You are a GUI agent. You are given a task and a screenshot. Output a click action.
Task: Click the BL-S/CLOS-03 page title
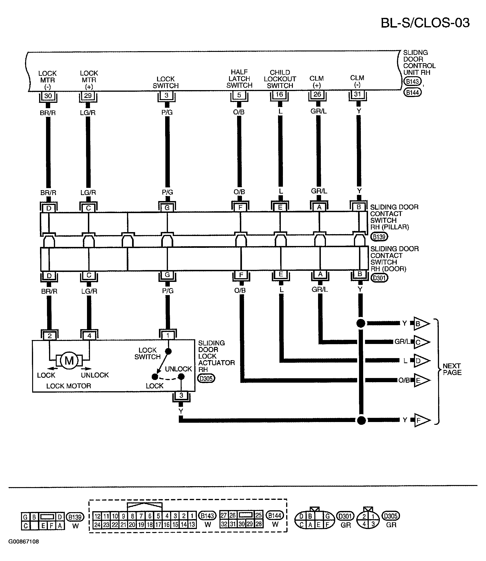[425, 23]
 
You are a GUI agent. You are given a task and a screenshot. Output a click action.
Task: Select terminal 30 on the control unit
[48, 96]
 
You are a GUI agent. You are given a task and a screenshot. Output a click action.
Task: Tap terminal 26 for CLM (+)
[317, 95]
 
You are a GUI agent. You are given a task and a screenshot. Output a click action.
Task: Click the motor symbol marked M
[69, 361]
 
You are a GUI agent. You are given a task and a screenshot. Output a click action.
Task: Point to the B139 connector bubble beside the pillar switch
[379, 237]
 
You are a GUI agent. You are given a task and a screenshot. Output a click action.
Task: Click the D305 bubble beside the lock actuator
[206, 378]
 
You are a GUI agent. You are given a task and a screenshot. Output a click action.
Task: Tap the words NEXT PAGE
[452, 369]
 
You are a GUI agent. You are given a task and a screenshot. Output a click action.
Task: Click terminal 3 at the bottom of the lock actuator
[181, 395]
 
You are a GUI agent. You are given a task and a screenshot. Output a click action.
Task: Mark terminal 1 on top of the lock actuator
[168, 336]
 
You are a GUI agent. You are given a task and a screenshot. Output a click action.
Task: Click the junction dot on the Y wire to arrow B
[360, 323]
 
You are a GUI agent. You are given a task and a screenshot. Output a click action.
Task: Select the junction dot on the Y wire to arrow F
[361, 420]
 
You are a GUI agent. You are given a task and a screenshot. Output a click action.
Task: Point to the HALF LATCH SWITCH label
[239, 79]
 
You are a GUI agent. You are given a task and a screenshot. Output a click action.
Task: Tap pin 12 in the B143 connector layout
[97, 516]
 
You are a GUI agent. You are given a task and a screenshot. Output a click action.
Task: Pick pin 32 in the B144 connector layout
[224, 524]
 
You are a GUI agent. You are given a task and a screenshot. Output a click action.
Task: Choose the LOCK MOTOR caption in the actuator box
[69, 386]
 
